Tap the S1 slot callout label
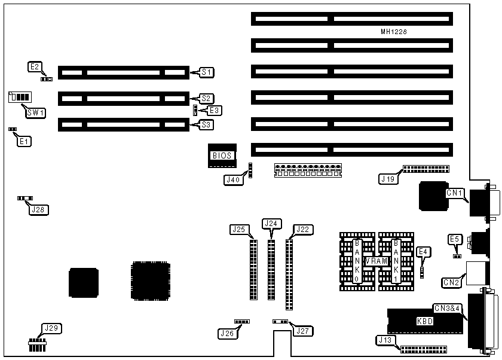coord(206,72)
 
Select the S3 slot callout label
coord(206,125)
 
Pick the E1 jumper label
coord(25,142)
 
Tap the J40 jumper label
coord(232,179)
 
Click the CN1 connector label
coord(455,193)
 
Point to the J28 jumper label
coord(40,209)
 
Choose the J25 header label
coord(238,228)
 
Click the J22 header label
coord(302,228)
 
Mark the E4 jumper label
coord(423,251)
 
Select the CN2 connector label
coord(451,282)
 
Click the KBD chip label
coord(424,321)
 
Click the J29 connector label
coord(51,328)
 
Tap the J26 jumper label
coord(227,333)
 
